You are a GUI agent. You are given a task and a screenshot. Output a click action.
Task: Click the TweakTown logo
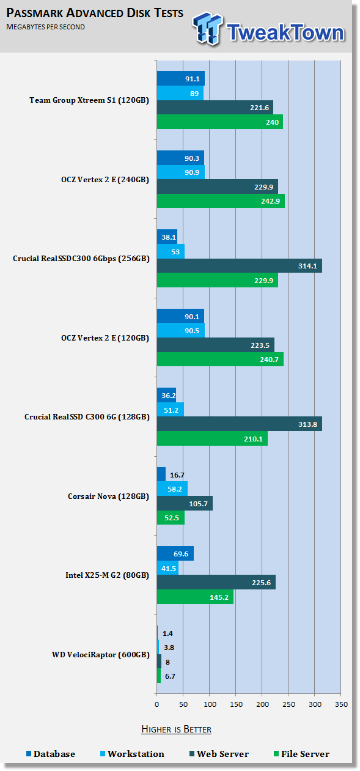click(268, 29)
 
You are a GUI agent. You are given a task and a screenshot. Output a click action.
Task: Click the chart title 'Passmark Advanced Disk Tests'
click(95, 13)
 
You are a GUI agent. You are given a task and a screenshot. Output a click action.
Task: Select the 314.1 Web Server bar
click(240, 266)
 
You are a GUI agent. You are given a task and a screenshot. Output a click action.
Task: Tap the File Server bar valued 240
click(220, 122)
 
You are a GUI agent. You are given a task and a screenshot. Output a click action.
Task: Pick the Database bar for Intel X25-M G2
click(175, 553)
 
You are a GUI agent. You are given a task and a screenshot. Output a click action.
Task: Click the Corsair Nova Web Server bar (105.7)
click(185, 504)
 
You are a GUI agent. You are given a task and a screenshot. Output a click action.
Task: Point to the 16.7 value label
click(177, 475)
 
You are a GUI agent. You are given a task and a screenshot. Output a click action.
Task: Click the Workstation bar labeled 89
click(180, 94)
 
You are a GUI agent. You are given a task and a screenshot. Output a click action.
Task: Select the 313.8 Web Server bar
click(240, 424)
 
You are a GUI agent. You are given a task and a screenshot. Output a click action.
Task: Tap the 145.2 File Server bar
click(195, 597)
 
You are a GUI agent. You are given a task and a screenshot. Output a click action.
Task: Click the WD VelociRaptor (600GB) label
click(100, 655)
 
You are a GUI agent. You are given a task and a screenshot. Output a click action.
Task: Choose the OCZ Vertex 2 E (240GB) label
click(105, 180)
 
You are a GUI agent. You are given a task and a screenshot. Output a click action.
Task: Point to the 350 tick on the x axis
click(341, 704)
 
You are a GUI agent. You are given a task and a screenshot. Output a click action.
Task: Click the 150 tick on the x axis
click(236, 704)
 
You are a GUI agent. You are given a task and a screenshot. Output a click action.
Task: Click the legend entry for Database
click(51, 754)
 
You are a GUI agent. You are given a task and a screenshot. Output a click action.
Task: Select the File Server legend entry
click(301, 754)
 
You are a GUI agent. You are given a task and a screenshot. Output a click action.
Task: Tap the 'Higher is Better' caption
click(176, 729)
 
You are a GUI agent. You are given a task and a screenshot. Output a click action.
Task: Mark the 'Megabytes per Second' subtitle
click(45, 27)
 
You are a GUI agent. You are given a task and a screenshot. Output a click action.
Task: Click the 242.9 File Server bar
click(221, 201)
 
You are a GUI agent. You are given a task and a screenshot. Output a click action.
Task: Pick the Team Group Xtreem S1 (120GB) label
click(89, 100)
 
